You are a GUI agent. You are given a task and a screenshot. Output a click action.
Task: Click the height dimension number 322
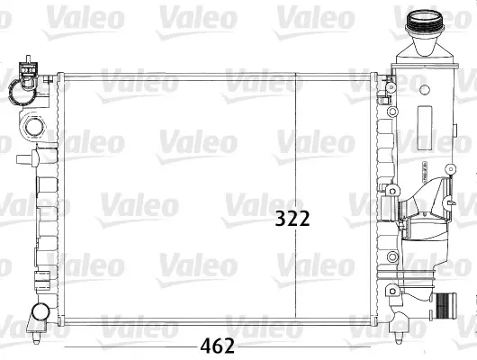292,219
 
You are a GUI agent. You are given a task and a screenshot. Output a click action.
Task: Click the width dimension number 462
217,346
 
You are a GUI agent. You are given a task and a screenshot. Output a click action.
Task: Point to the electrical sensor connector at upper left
28,72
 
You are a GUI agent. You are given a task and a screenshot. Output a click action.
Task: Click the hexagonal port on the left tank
34,127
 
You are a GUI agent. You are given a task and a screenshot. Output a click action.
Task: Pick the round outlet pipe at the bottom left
40,311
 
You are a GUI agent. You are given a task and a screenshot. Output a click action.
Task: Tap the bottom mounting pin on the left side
37,337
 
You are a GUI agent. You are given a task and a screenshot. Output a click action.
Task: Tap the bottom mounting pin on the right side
398,337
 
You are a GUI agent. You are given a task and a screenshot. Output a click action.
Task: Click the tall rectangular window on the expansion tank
425,128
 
